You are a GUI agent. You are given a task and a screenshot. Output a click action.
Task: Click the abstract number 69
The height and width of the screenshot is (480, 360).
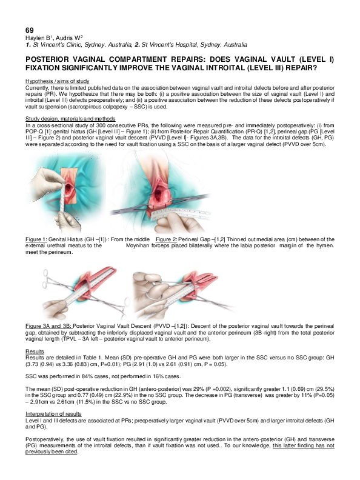[29, 30]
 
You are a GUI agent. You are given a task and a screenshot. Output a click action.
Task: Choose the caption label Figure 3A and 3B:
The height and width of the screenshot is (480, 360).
[52, 325]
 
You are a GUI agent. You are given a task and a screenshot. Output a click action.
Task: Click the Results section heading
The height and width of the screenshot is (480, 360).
[34, 352]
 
